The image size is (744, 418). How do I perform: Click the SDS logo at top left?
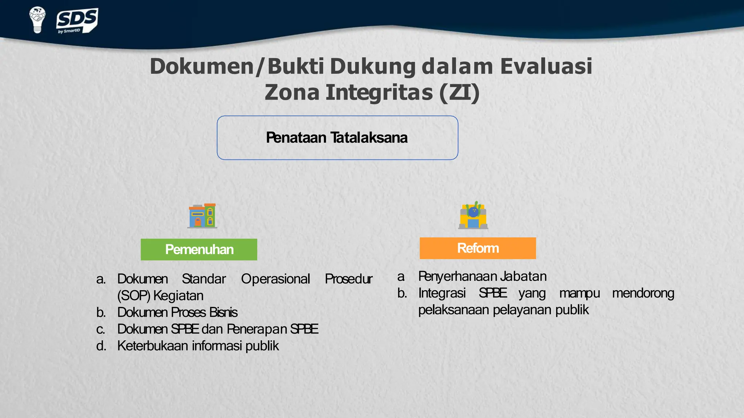(77, 21)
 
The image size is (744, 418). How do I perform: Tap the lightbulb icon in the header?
(37, 20)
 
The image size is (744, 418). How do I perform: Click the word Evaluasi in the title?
(546, 66)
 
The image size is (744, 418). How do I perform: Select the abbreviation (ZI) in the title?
(459, 92)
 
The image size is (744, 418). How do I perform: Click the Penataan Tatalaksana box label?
(337, 138)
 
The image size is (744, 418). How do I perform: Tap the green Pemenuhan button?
(199, 249)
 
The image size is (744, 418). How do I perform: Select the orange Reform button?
(477, 248)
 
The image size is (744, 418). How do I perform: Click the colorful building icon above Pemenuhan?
(202, 216)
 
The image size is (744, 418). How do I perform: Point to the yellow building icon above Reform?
(473, 216)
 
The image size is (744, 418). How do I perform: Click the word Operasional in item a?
(275, 279)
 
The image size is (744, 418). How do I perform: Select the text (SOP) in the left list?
(133, 296)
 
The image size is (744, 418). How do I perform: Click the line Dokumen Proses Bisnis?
(177, 312)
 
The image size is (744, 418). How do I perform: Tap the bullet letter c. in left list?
(101, 329)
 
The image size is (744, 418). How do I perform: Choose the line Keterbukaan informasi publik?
(198, 346)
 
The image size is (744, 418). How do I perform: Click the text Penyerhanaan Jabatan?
(482, 276)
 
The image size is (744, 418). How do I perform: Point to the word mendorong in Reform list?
(643, 293)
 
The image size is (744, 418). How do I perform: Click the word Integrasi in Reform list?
(442, 293)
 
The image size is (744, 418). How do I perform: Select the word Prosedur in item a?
(348, 279)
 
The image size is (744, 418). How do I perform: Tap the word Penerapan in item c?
(257, 329)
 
